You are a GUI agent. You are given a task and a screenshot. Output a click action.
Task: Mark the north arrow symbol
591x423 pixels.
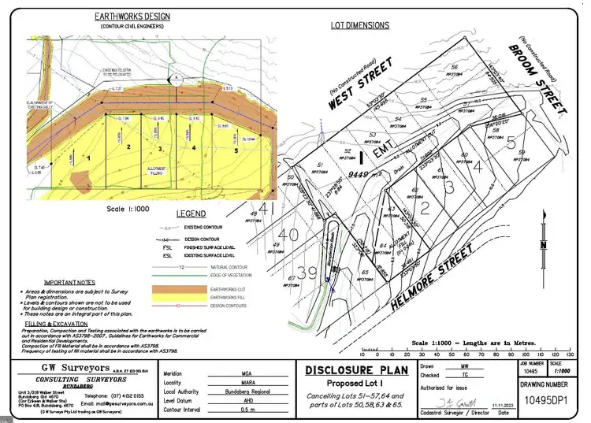542,236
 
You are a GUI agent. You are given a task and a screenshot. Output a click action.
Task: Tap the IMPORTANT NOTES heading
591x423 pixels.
69,282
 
